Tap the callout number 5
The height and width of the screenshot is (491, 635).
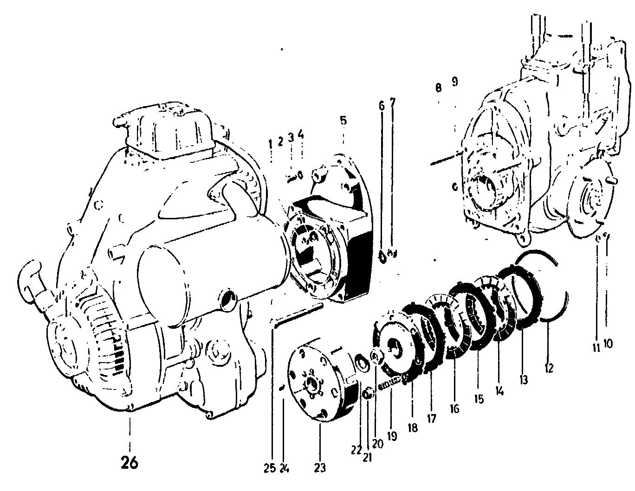pos(343,120)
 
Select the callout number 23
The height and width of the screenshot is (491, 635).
pos(320,468)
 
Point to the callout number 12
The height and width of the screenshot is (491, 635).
pos(549,368)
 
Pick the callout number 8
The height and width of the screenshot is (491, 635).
pos(438,88)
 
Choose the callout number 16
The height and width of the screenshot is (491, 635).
pos(455,409)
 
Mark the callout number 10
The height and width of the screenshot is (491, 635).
pos(608,344)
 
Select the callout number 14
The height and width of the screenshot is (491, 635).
pos(499,391)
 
